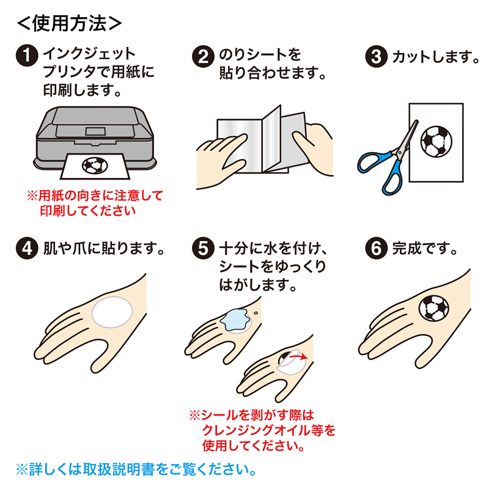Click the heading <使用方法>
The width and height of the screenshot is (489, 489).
(x=68, y=23)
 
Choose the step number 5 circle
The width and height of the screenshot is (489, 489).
(x=203, y=249)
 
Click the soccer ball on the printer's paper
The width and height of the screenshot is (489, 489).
(x=94, y=164)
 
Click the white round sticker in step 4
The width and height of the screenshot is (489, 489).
(x=112, y=311)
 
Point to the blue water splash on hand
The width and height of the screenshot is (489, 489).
(x=235, y=320)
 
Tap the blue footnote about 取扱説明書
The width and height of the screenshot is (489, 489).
(x=135, y=470)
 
